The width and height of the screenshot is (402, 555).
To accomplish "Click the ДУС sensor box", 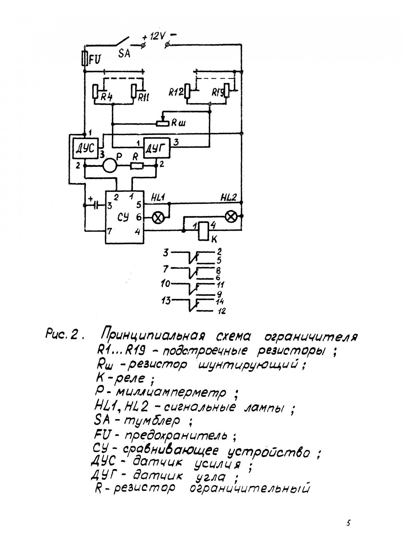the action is click(85, 148).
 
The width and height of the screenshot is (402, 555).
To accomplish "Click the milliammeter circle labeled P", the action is click(110, 165).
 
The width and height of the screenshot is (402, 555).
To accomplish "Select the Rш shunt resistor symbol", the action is click(163, 123).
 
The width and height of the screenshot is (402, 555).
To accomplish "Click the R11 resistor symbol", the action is click(134, 92).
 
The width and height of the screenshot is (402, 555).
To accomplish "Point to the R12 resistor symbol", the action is click(188, 92).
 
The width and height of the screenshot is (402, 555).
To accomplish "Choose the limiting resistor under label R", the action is click(137, 165).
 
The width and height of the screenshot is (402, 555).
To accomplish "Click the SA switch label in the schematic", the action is click(124, 53).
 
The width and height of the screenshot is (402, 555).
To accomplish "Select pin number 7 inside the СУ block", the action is click(109, 231).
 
